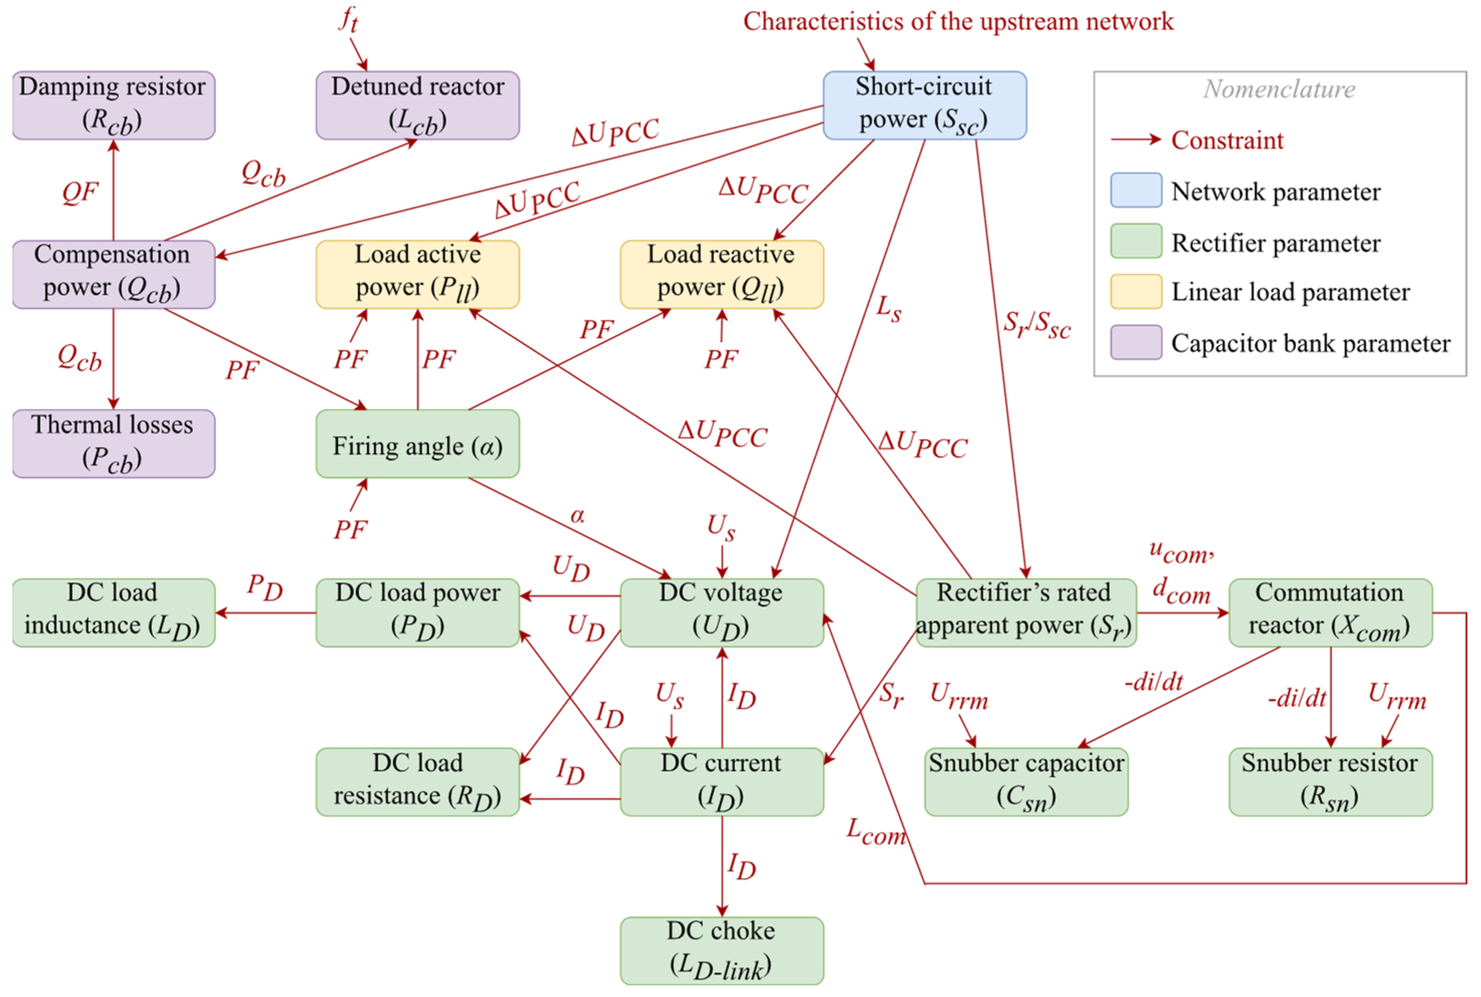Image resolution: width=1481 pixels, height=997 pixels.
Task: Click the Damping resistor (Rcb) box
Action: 113,105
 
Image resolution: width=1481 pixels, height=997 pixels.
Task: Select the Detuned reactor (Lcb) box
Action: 417,105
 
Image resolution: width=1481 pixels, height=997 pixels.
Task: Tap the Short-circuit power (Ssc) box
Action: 924,105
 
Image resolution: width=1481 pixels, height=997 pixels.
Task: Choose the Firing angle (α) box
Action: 417,444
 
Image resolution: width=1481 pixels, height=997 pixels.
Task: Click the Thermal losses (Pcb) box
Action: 113,444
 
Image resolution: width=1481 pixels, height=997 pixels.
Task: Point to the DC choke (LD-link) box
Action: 721,950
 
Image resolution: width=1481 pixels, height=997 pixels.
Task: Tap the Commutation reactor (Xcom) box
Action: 1330,612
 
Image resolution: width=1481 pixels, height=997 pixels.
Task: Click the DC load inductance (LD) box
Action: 113,612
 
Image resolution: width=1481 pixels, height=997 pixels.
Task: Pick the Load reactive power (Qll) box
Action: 721,274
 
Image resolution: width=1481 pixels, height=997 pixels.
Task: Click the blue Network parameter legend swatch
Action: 1135,190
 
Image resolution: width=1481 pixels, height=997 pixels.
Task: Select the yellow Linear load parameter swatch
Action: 1135,291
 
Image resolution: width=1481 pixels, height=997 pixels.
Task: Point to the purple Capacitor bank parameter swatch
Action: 1135,342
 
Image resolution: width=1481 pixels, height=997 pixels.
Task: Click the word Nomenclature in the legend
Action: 1279,89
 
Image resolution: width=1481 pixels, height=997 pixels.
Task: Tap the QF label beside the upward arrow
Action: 80,192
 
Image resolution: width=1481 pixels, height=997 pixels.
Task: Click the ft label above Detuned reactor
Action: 348,19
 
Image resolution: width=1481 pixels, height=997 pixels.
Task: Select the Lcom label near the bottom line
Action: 875,832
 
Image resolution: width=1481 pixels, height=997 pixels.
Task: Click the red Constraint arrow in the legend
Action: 1135,140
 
